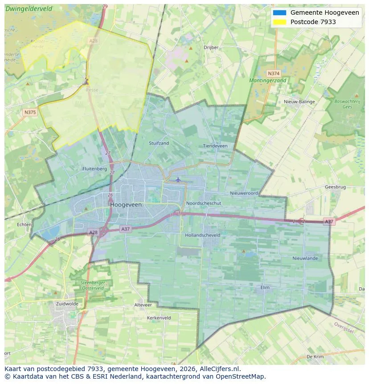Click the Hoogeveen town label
pos(126,205)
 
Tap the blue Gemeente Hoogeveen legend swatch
pos(280,12)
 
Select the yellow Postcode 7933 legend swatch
pos(280,22)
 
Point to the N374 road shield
pos(274,73)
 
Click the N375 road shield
pos(30,112)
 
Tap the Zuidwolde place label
pos(67,304)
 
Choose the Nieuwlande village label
pos(305,258)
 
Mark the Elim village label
pos(265,288)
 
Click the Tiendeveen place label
pos(215,146)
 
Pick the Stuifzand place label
pos(159,143)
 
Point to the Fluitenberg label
pos(94,169)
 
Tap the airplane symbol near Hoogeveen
pos(178,179)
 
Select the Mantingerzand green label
pos(268,81)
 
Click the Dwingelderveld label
pos(29,8)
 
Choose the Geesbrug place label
pos(335,187)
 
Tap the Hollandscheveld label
pos(202,235)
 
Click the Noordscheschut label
pos(204,203)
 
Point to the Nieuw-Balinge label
pos(299,102)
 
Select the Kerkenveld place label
pos(159,318)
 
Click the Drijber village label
pos(211,47)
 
